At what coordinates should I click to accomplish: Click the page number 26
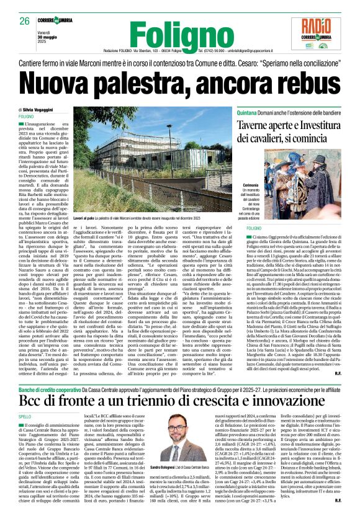click(x=25, y=20)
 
